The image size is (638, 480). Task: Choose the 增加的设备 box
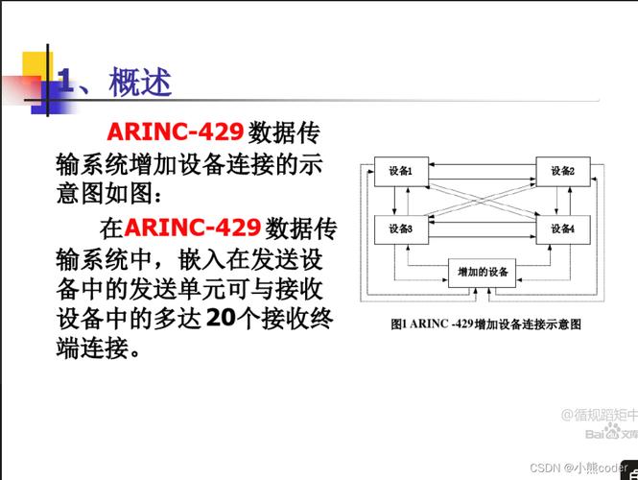(483, 273)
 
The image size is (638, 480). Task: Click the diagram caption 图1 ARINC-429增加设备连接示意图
(485, 324)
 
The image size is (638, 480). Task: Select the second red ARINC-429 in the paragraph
(192, 228)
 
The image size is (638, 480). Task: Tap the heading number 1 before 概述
(67, 83)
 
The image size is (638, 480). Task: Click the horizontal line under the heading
(317, 101)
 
